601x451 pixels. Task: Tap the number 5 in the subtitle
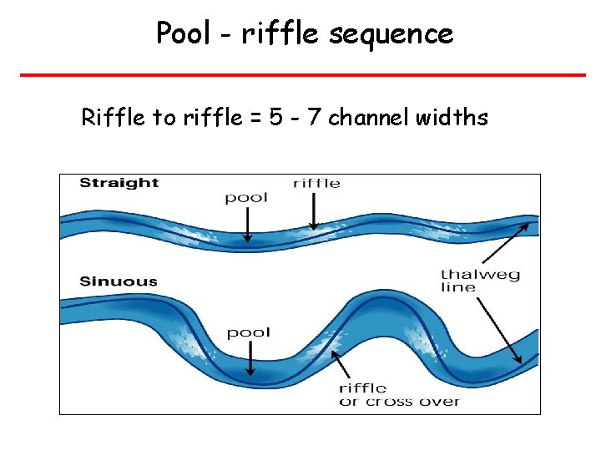point(276,118)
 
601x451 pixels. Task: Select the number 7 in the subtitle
point(316,118)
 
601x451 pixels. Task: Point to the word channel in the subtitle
point(366,118)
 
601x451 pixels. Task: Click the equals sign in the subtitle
point(255,119)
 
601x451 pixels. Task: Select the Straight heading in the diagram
point(119,183)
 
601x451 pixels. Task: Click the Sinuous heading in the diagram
point(119,281)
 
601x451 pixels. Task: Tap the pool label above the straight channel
point(246,198)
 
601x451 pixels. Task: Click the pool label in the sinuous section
point(249,333)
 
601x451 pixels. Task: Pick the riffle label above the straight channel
point(316,183)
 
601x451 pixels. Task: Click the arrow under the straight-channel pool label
point(247,225)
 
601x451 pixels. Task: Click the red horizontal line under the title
point(302,74)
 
